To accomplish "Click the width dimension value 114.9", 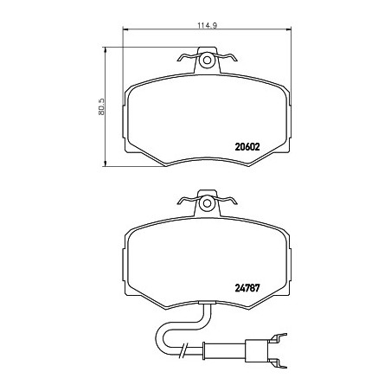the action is click(x=207, y=25).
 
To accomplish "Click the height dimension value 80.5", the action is click(x=101, y=107).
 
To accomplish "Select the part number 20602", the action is click(x=247, y=147).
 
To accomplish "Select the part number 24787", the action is click(x=247, y=288).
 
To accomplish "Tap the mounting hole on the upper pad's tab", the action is click(x=207, y=61).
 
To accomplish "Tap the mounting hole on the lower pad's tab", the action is click(x=207, y=203).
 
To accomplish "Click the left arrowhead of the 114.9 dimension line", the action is click(x=125, y=29).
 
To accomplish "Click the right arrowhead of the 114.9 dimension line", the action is click(x=289, y=29).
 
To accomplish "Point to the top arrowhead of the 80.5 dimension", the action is click(x=105, y=50).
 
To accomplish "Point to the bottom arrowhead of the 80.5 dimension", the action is click(x=105, y=163).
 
